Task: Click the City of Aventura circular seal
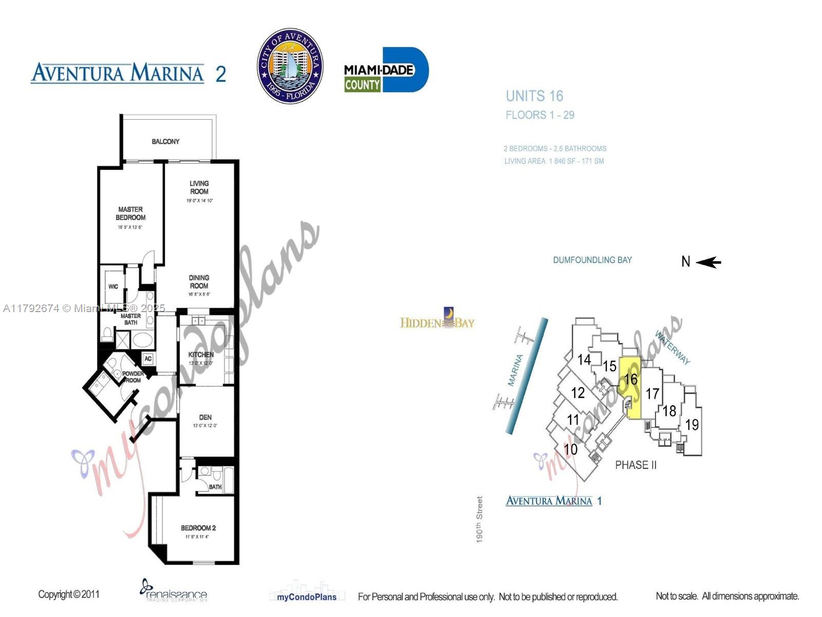290,66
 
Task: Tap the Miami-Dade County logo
386,70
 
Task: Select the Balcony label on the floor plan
165,141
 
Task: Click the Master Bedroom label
130,213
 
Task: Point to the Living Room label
199,187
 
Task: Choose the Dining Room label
199,282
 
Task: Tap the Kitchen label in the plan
201,355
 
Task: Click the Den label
205,418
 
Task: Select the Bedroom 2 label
198,528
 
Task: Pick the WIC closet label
113,286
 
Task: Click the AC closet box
148,358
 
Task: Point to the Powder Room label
132,377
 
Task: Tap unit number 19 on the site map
692,425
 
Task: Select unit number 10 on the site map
570,449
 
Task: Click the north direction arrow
708,262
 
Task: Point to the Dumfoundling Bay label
592,260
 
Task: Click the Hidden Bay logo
437,319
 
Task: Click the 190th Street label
479,519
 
